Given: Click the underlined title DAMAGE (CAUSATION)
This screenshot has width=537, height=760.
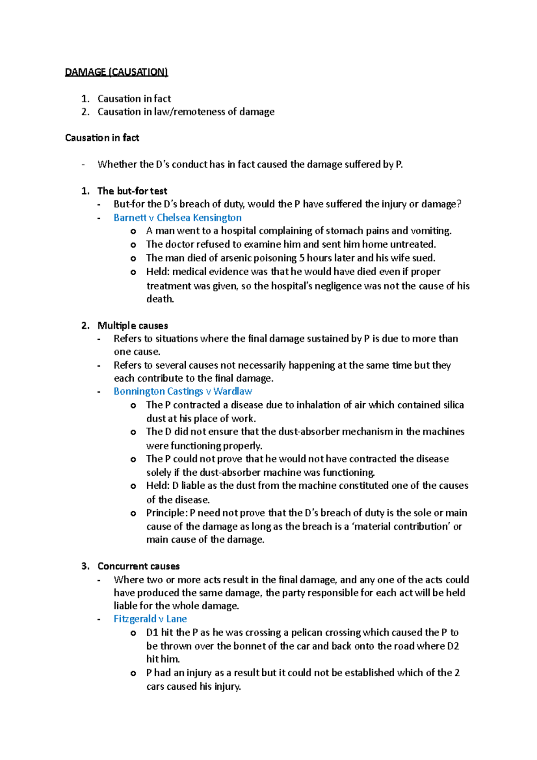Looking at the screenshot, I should (x=116, y=72).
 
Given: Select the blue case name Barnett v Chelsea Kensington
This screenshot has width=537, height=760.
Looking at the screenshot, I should (x=177, y=218).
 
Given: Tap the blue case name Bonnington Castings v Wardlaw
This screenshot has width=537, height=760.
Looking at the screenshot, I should (x=183, y=391).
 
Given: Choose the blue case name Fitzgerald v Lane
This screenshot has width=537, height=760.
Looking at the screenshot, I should (x=150, y=619).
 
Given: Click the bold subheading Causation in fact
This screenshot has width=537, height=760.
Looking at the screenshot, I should (x=102, y=138).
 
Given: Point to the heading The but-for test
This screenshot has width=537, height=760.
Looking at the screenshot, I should (x=132, y=191).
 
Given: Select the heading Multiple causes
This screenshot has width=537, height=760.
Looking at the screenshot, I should (x=132, y=325).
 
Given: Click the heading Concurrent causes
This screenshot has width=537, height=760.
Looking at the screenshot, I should (x=138, y=566).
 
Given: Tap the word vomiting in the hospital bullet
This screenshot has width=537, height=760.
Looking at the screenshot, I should (x=430, y=231).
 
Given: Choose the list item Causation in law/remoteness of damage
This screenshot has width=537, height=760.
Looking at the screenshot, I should (x=186, y=112).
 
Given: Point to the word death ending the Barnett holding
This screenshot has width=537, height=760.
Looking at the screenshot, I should (x=159, y=299).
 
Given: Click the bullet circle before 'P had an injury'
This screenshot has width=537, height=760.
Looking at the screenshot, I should (x=133, y=674).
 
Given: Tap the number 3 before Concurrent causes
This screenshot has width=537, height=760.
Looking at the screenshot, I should (x=85, y=566).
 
